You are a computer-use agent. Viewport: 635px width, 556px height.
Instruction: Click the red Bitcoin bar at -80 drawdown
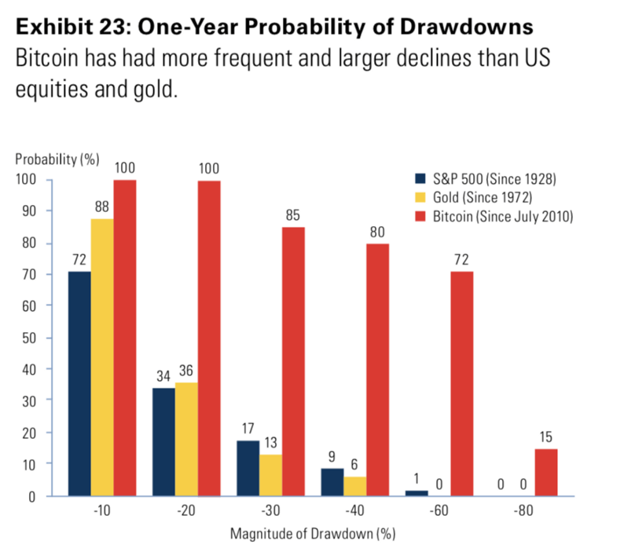click(x=546, y=472)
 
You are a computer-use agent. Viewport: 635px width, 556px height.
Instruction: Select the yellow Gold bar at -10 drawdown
click(x=102, y=357)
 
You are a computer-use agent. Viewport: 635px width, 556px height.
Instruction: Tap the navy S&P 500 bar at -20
click(x=163, y=441)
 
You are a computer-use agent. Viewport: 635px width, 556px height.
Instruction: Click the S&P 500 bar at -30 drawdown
click(x=248, y=468)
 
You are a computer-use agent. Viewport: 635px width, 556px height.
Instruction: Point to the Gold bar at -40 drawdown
click(x=354, y=486)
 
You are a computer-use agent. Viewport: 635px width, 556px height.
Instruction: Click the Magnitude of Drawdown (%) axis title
click(x=313, y=536)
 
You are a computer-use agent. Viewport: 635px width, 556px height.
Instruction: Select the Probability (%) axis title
click(x=57, y=159)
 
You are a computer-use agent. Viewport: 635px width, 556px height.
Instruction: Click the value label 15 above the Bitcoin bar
click(x=546, y=437)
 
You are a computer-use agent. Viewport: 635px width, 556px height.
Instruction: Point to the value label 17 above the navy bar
click(x=248, y=429)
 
